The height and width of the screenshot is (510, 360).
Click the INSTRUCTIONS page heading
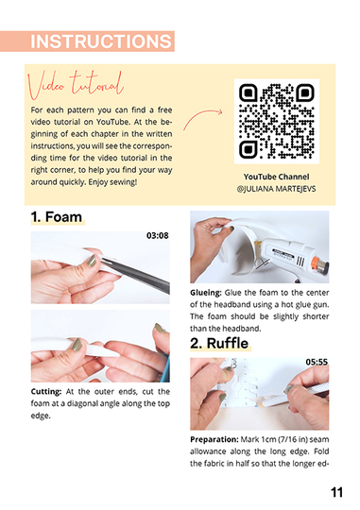100,42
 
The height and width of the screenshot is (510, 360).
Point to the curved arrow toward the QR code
201,119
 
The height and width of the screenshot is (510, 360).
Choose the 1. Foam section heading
56,217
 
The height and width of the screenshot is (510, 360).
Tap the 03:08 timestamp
157,235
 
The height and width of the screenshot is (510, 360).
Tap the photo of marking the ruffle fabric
259,394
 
